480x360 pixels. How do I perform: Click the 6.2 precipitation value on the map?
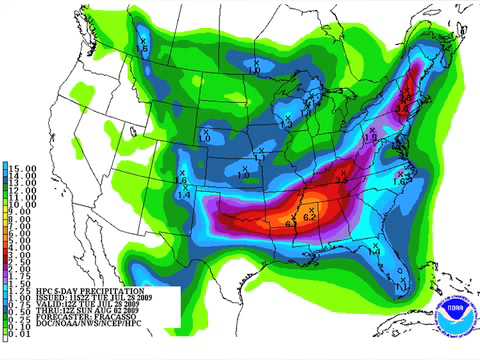(x=309, y=217)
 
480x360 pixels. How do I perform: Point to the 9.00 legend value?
(x=20, y=211)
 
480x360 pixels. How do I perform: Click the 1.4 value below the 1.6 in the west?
(x=183, y=195)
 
